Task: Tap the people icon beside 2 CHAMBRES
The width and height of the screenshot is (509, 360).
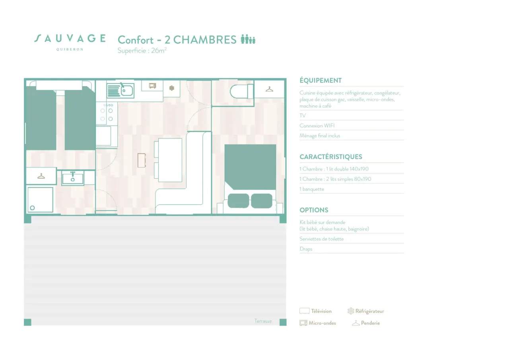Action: coord(248,39)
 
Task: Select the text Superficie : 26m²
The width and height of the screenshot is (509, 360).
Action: coord(142,51)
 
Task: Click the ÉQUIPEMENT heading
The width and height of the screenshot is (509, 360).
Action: coord(321,80)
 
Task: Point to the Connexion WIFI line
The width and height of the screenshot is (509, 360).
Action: coord(317,126)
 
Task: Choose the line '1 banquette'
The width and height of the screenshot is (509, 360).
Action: coord(311,189)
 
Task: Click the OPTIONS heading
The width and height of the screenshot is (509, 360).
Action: coord(314,210)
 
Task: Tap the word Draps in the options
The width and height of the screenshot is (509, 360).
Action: coord(306,249)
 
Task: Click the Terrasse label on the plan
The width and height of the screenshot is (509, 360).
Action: coord(263,321)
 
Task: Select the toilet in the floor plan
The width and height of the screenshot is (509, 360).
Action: coord(241,91)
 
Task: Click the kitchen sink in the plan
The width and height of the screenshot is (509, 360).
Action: coord(120,90)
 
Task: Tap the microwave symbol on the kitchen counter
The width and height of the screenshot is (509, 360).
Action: coord(152,86)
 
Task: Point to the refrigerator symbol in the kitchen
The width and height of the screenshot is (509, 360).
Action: coord(172,88)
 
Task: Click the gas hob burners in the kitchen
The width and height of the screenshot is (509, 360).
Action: coord(107,113)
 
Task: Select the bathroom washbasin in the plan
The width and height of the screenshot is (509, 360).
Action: coord(73,178)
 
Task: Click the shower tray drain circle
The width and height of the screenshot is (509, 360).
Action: coord(33,208)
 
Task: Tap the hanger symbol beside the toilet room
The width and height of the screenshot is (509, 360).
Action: coord(269,89)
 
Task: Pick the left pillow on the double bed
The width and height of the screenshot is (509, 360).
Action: coord(238,200)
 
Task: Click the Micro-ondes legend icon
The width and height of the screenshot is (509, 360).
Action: coord(303,323)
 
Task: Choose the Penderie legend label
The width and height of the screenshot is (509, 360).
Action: coord(370,323)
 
